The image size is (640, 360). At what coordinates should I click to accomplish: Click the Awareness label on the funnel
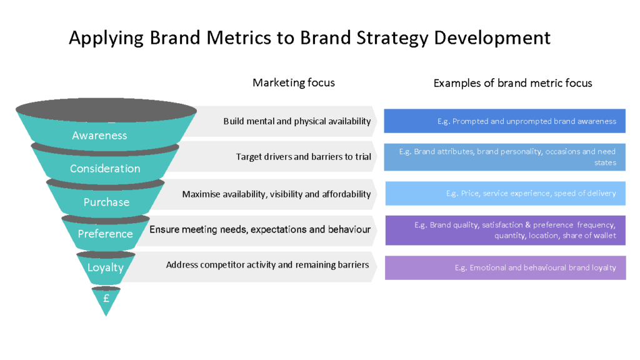click(x=99, y=136)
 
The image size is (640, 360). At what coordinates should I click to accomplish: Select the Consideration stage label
click(x=105, y=169)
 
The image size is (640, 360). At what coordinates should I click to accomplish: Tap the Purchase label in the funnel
click(x=106, y=202)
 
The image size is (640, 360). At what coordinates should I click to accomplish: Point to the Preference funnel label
click(x=105, y=234)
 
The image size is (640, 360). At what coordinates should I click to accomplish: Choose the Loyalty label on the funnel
click(x=105, y=267)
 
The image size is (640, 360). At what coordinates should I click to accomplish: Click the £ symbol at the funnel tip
click(x=106, y=299)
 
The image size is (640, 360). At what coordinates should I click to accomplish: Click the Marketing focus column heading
click(x=293, y=82)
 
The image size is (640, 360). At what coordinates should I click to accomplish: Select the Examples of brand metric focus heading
click(x=512, y=83)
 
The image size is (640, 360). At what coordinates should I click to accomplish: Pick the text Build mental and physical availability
click(x=297, y=121)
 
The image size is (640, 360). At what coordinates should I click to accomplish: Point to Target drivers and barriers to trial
click(x=303, y=157)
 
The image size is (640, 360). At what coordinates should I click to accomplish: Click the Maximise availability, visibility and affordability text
click(x=276, y=194)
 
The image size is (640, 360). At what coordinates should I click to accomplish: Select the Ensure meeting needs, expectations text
click(x=259, y=229)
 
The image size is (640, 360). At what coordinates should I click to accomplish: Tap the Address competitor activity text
click(x=267, y=265)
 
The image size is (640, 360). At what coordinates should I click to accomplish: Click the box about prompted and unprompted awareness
click(x=504, y=121)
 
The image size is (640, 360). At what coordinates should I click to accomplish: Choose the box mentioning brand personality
click(x=505, y=157)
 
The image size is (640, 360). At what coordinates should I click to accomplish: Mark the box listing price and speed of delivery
click(x=505, y=194)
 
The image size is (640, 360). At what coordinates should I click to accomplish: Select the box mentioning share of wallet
click(x=505, y=230)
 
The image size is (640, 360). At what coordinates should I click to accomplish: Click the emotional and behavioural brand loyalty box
click(x=505, y=267)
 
